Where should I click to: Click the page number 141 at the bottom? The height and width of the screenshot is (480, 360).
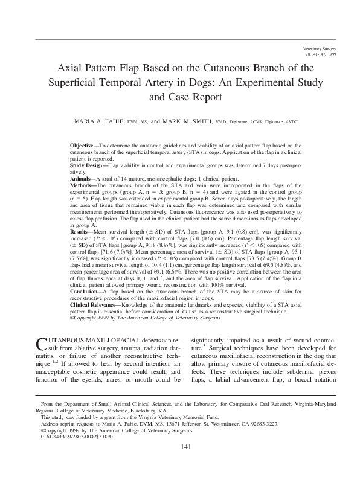186,463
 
